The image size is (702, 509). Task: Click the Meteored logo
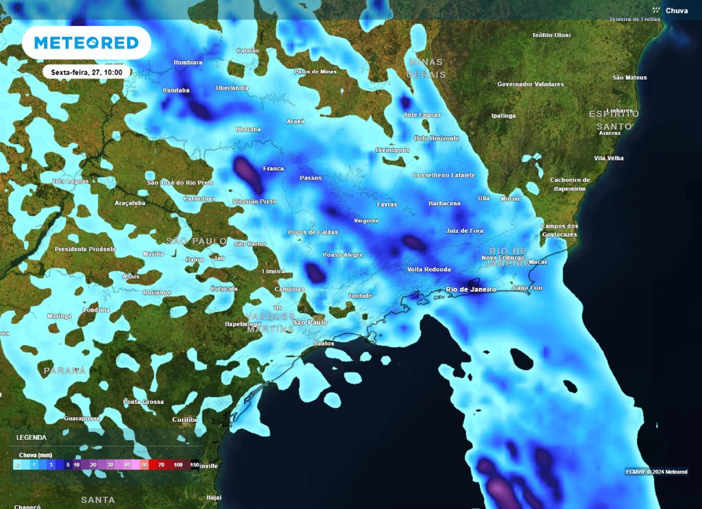click(86, 43)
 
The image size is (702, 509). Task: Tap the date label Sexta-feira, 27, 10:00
click(86, 71)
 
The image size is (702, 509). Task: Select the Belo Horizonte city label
click(437, 138)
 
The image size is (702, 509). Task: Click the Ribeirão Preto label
click(254, 202)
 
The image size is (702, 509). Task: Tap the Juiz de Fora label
click(464, 231)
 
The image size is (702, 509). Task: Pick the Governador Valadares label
click(530, 84)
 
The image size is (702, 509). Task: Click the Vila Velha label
click(608, 158)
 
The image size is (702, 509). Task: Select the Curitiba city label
click(185, 419)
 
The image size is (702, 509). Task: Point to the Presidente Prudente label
click(85, 249)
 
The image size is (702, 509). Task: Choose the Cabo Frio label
click(527, 287)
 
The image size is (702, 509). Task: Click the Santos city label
click(323, 343)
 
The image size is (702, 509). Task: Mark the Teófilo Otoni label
click(551, 35)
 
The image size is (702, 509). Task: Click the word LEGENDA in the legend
click(32, 437)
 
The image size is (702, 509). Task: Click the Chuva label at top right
click(676, 10)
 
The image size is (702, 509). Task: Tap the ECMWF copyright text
click(656, 471)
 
